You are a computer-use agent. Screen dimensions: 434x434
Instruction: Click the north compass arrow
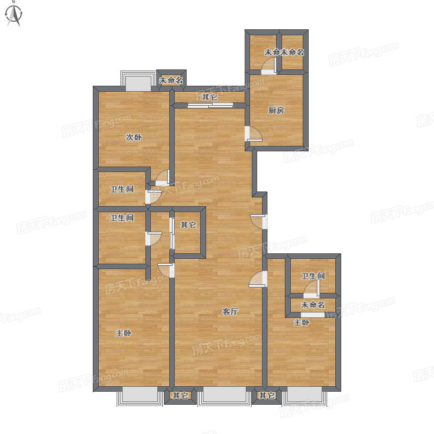(x=14, y=15)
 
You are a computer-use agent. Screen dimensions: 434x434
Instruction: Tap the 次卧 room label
(x=134, y=137)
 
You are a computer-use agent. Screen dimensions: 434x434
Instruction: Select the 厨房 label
(x=276, y=110)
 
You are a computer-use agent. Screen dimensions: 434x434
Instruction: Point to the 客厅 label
(x=230, y=311)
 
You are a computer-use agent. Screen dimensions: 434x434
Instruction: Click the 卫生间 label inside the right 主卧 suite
(x=313, y=276)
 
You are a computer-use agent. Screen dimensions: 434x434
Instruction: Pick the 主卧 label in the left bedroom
(x=124, y=333)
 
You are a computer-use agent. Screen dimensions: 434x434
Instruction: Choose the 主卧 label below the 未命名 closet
(x=302, y=322)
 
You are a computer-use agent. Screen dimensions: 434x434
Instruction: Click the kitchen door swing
(x=254, y=134)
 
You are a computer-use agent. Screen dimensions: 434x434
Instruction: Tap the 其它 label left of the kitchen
(x=209, y=97)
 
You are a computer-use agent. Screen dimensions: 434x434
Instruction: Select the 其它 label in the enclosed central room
(x=188, y=225)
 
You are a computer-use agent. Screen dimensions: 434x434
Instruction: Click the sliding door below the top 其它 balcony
(x=210, y=105)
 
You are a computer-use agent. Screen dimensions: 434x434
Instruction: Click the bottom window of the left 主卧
(x=140, y=396)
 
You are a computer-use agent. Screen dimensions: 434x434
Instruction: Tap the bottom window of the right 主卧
(x=304, y=396)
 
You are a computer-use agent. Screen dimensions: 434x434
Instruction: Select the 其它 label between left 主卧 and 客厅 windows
(x=180, y=395)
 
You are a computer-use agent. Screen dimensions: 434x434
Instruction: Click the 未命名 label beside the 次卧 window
(x=171, y=80)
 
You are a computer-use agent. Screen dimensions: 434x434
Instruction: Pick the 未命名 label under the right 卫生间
(x=313, y=305)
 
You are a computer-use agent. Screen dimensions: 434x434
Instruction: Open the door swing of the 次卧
(x=162, y=178)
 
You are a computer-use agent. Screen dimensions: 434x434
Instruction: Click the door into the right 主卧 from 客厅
(x=258, y=279)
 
